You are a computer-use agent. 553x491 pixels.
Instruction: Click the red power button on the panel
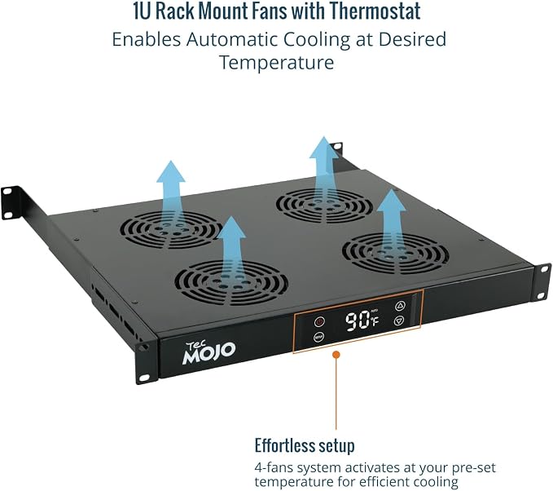coord(319,322)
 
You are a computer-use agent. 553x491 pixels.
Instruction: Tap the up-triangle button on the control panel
coord(400,306)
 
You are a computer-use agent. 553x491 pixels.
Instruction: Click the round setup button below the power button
coord(318,337)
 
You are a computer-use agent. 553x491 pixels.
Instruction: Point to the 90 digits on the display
coord(357,321)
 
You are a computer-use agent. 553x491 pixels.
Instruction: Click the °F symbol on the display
coord(375,321)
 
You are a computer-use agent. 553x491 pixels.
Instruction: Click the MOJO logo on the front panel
coord(208,352)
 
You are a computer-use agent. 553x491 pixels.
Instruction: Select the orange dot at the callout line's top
coord(336,354)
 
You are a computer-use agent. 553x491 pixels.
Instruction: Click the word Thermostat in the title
coord(375,11)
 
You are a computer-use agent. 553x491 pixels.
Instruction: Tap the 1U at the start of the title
coord(143,11)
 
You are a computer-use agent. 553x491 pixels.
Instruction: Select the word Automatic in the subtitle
coord(232,39)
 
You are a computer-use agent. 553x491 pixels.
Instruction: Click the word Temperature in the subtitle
coord(277,63)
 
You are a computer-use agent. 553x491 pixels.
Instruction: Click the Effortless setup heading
coord(305,446)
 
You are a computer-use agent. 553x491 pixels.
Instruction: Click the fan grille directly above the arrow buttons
coord(395,252)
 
